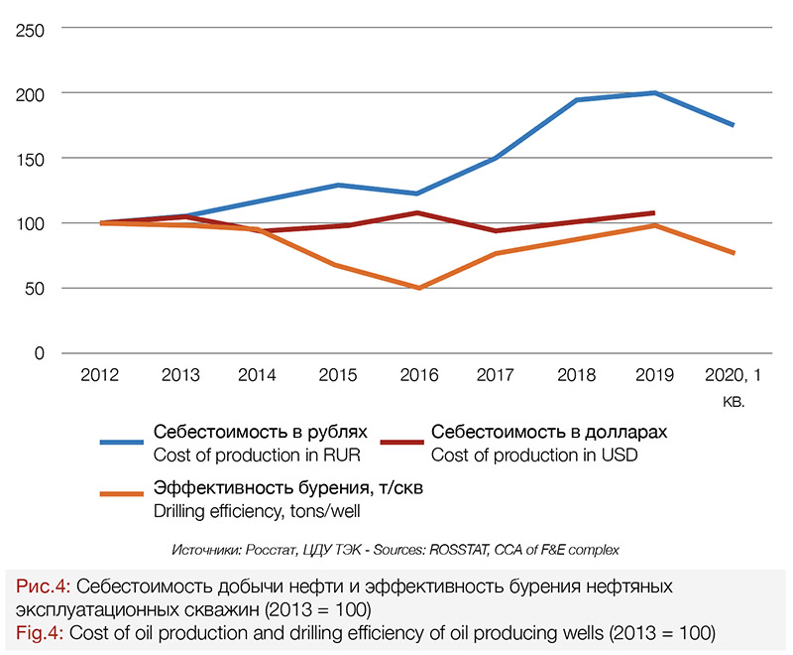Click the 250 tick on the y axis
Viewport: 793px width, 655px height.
34,29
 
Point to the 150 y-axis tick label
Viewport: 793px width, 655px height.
34,159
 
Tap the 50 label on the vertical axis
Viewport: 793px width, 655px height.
39,289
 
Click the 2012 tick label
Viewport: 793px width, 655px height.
101,375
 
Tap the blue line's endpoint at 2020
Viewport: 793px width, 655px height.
734,125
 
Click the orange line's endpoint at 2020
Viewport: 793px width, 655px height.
734,253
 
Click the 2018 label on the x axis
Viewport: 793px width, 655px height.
576,375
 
